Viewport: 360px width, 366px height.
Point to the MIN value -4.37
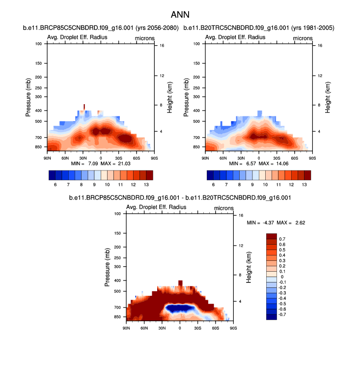pos(267,223)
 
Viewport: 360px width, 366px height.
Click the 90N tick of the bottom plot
pos(126,328)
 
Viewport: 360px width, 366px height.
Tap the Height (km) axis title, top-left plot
pos(170,99)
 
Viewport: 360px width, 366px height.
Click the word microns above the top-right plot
pos(303,38)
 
